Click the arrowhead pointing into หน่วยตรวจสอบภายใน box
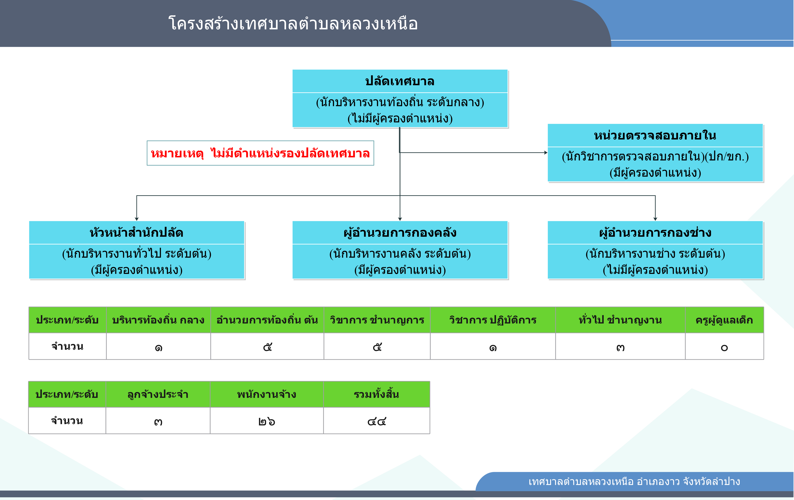[x=546, y=153]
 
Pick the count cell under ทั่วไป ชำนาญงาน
[x=620, y=346]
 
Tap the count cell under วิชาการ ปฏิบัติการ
[x=493, y=346]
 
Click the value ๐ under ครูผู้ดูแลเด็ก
[x=724, y=348]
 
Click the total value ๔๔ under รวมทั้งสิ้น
[x=377, y=422]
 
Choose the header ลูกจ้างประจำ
[x=158, y=394]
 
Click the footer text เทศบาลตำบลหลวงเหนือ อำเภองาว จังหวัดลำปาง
[x=634, y=482]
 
